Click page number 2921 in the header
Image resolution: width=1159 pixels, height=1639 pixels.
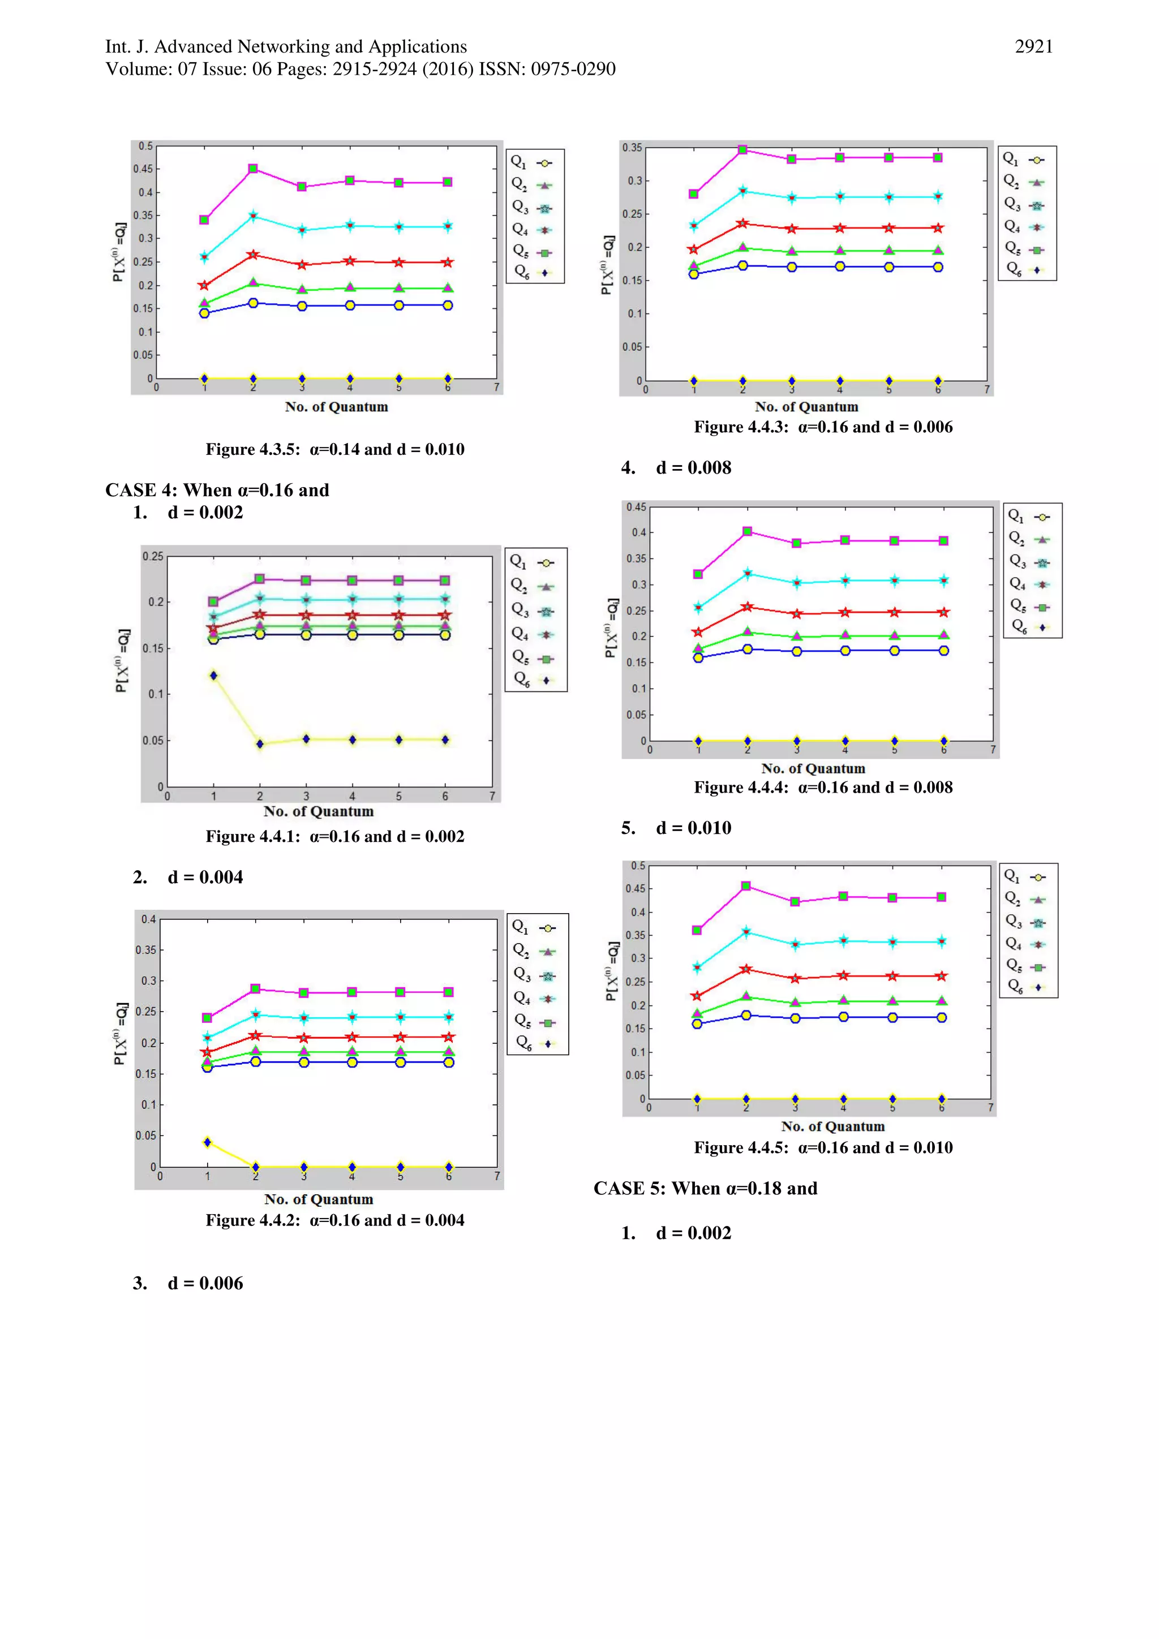(1033, 47)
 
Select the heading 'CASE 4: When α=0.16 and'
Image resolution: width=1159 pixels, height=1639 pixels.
(217, 490)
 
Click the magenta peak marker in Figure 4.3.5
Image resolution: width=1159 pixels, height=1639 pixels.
(253, 169)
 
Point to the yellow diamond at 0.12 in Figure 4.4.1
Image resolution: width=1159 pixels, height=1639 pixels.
(213, 676)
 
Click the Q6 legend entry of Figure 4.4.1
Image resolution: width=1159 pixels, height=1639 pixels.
(534, 679)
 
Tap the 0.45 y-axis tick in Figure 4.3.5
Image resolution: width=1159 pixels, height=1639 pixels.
(143, 169)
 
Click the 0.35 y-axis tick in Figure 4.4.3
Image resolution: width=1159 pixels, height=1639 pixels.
(632, 148)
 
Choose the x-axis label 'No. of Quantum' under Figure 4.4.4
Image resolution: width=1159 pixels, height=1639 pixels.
(813, 769)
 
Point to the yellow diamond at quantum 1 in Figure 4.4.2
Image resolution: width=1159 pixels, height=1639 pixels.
(208, 1142)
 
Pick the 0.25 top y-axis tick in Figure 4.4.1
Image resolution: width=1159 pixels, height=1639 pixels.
(152, 556)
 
